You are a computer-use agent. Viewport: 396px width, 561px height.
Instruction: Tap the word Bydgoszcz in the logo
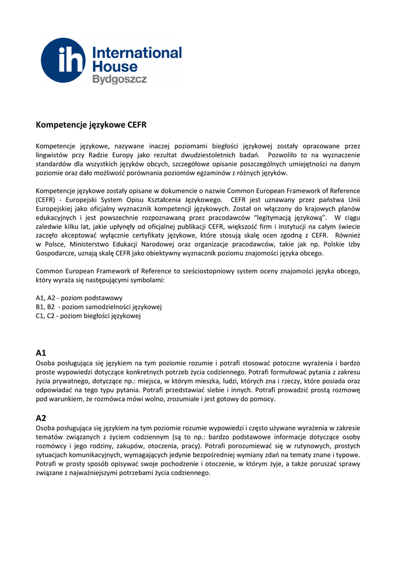(119, 79)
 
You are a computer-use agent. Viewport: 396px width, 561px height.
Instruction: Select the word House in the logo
(115, 67)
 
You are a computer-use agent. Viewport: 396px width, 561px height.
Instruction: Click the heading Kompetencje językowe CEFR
(91, 125)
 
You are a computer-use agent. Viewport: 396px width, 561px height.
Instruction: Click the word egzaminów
(202, 173)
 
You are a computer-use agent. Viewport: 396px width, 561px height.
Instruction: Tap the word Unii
(353, 199)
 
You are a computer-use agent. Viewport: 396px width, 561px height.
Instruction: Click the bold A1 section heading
(41, 353)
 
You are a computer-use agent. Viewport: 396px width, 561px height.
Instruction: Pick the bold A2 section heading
(41, 417)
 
